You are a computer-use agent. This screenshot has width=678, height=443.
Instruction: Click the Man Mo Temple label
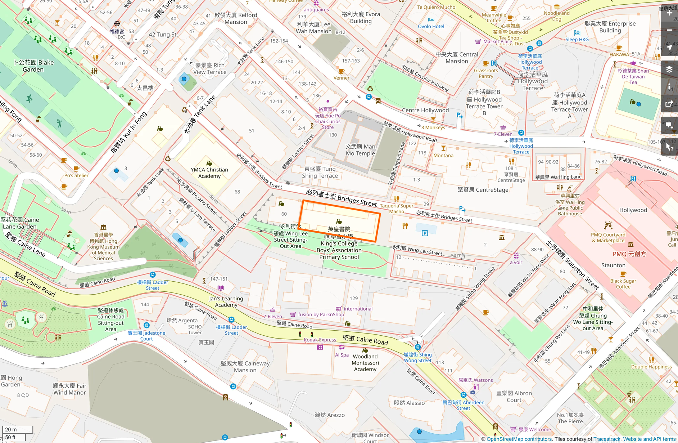360,150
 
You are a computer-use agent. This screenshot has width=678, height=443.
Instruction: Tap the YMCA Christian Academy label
209,173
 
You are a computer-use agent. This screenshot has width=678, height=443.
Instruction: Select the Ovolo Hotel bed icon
431,20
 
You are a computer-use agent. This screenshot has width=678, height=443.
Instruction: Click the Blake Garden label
33,66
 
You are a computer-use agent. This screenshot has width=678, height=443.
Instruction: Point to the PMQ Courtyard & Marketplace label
608,237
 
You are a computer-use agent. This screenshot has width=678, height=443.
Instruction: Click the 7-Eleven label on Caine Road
273,317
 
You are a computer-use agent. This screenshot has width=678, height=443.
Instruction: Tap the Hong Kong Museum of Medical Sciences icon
103,227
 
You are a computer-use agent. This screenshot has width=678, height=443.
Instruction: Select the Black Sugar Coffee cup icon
623,274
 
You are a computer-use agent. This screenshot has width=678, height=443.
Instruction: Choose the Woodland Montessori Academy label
365,363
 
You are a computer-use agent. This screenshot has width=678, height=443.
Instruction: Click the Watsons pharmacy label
475,380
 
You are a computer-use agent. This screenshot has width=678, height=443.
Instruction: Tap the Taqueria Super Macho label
397,209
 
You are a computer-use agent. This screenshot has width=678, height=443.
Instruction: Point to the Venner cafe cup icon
341,71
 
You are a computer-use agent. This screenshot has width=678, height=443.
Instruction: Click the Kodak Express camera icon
320,347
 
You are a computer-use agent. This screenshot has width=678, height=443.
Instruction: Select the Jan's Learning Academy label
226,301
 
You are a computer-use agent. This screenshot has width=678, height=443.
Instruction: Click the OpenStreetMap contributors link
519,439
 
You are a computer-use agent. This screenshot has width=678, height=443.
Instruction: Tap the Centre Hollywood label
425,110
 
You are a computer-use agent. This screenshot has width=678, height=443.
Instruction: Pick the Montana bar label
443,156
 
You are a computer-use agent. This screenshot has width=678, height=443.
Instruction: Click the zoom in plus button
669,13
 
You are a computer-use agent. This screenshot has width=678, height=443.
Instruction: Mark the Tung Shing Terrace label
320,172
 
